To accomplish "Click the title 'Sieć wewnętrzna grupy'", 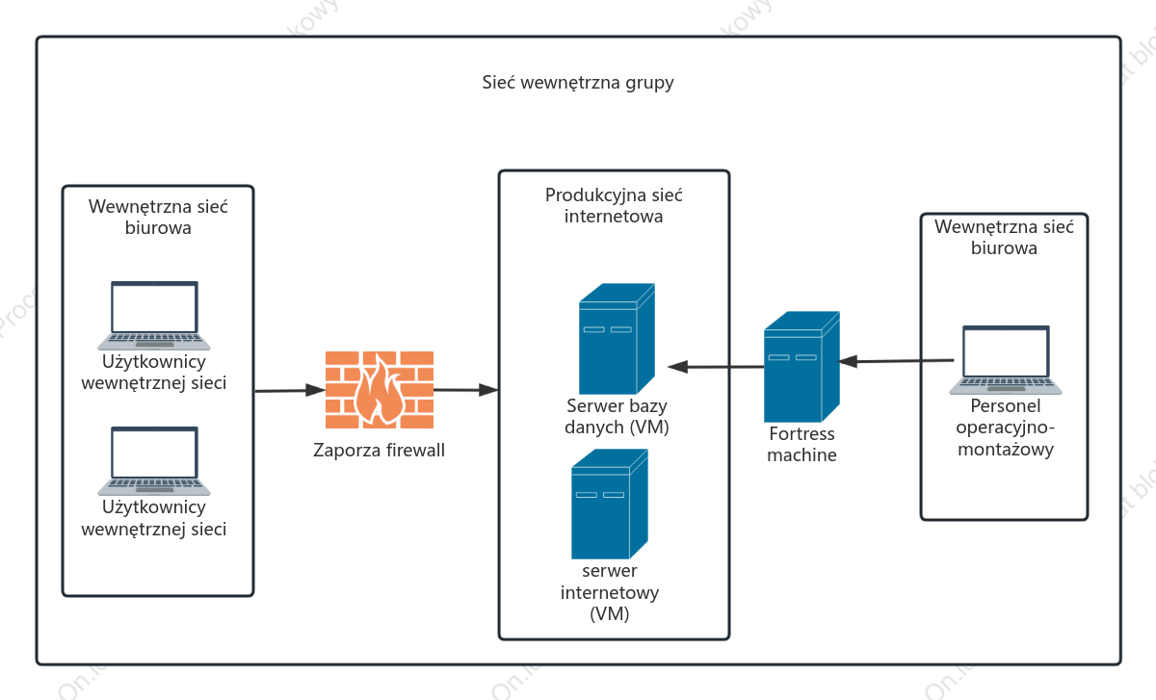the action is pyautogui.click(x=578, y=83).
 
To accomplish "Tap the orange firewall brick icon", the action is pyautogui.click(x=380, y=390).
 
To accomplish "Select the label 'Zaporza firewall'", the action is pyautogui.click(x=379, y=450).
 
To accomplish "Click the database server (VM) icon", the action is pyautogui.click(x=617, y=339).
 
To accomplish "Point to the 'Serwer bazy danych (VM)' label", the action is pyautogui.click(x=617, y=416).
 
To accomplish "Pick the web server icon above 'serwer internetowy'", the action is pyautogui.click(x=610, y=504).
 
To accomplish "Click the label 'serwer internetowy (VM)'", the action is pyautogui.click(x=610, y=592).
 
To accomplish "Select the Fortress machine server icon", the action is pyautogui.click(x=801, y=367).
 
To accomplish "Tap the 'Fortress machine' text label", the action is pyautogui.click(x=801, y=444).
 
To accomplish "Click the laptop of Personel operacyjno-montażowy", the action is pyautogui.click(x=1006, y=360).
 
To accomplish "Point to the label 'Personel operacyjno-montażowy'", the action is pyautogui.click(x=1006, y=428).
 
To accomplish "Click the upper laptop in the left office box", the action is pyautogui.click(x=154, y=316).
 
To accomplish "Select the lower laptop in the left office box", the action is pyautogui.click(x=154, y=461).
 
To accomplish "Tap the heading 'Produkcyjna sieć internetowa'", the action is pyautogui.click(x=614, y=205).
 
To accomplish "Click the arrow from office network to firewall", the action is pyautogui.click(x=290, y=391).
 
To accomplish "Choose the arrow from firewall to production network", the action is pyautogui.click(x=466, y=390).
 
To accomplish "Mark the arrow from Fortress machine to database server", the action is pyautogui.click(x=716, y=367).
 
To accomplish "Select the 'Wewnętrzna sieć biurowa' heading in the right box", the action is pyautogui.click(x=1004, y=237).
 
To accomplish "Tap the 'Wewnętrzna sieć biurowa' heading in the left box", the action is pyautogui.click(x=158, y=218).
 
